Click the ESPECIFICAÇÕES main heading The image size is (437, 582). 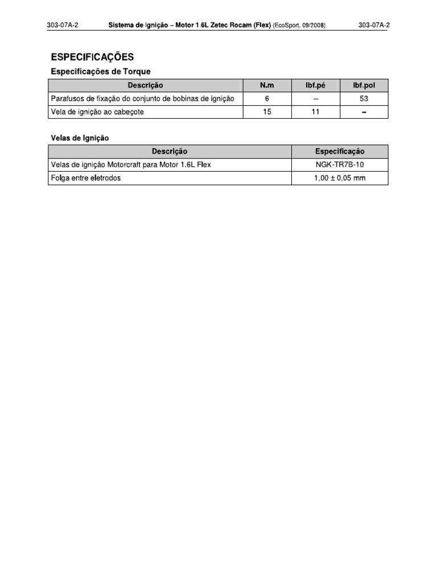coord(92,57)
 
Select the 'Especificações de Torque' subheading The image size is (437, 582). coord(101,72)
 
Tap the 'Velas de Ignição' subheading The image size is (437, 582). coord(80,138)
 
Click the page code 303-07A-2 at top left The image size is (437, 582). coord(63,26)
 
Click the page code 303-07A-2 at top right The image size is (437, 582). coord(374,26)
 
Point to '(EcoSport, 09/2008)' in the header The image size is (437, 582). coord(299,26)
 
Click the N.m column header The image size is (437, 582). coord(267,85)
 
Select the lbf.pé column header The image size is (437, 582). coord(316,85)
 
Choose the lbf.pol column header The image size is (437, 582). coord(364,85)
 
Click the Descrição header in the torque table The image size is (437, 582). coord(145,85)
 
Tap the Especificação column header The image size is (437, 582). coord(340,152)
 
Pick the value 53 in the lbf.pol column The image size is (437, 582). coord(364,98)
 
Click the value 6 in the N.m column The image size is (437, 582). coord(267,98)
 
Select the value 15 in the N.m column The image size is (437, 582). coord(267,112)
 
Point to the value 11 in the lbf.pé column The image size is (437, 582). coord(316,112)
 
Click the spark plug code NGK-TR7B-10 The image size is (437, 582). coord(340,165)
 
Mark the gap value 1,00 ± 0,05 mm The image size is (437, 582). coord(340,178)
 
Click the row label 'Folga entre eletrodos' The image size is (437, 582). coord(86,178)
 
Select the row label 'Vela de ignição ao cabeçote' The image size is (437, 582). coord(97,112)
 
